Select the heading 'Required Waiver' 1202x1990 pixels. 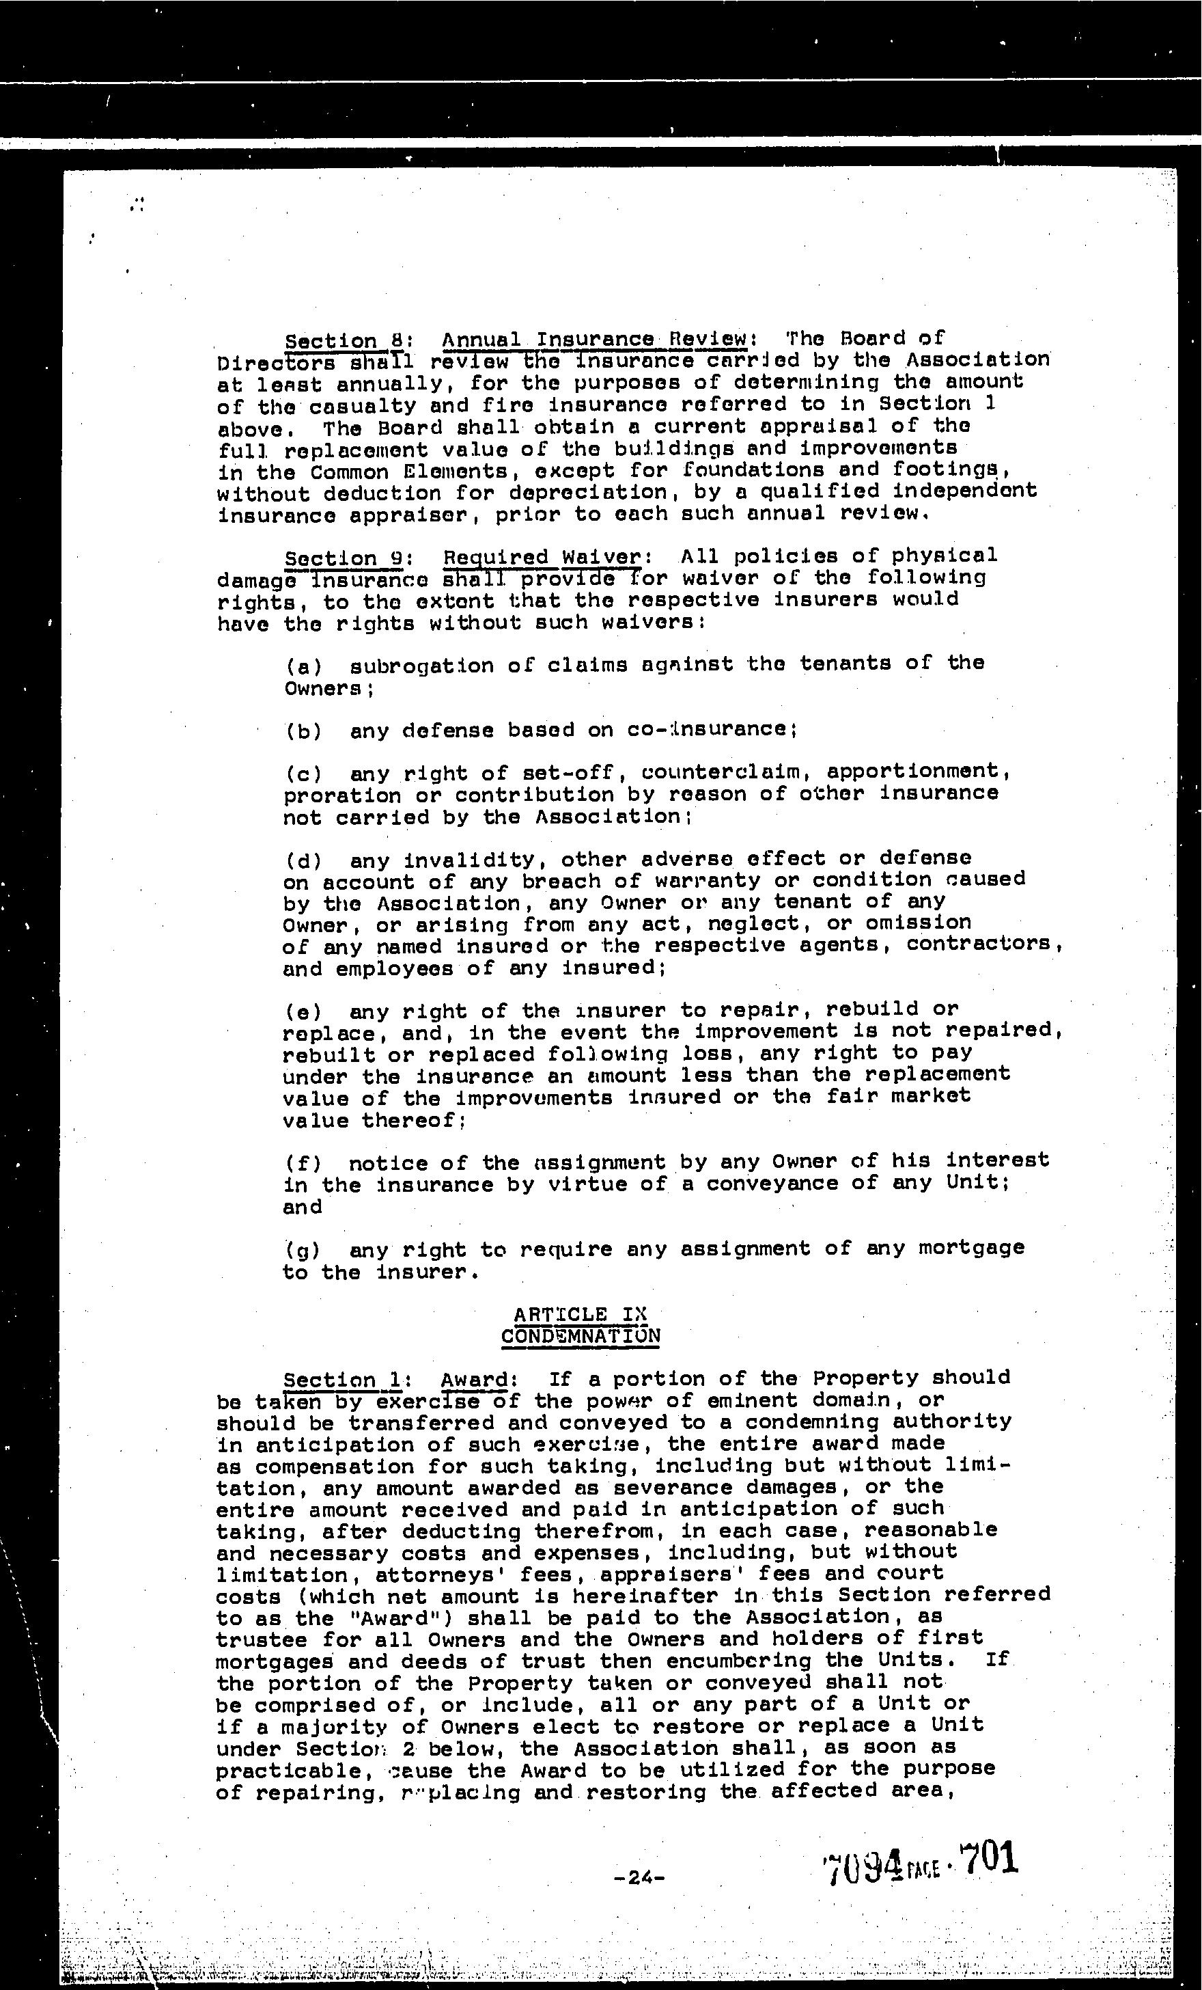point(542,557)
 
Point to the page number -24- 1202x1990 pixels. point(639,1879)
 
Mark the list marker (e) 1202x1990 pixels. point(303,1012)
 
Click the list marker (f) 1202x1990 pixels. point(303,1164)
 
